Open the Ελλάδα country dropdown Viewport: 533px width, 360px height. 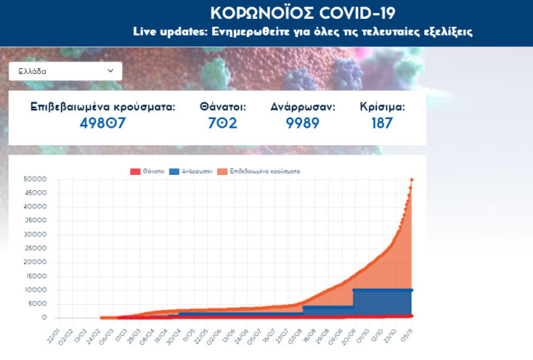pyautogui.click(x=65, y=71)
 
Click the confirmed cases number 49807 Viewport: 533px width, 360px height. pyautogui.click(x=102, y=123)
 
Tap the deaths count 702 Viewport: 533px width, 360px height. pyautogui.click(x=223, y=123)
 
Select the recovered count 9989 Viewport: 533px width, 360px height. pyautogui.click(x=302, y=123)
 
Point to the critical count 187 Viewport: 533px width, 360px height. pyautogui.click(x=382, y=123)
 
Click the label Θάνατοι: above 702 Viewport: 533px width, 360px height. pyautogui.click(x=223, y=107)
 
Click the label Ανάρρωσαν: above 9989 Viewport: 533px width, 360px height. pyautogui.click(x=302, y=107)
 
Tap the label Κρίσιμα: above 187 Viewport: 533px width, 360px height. pyautogui.click(x=382, y=107)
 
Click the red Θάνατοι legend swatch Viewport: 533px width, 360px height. pyautogui.click(x=134, y=171)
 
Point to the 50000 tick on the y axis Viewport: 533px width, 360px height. pyautogui.click(x=36, y=179)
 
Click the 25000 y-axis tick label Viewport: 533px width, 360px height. pyautogui.click(x=36, y=249)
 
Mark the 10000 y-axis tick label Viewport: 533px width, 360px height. pyautogui.click(x=36, y=290)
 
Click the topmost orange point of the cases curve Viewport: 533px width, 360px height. pyautogui.click(x=412, y=179)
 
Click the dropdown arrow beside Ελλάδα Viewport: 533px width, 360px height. pyautogui.click(x=110, y=71)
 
